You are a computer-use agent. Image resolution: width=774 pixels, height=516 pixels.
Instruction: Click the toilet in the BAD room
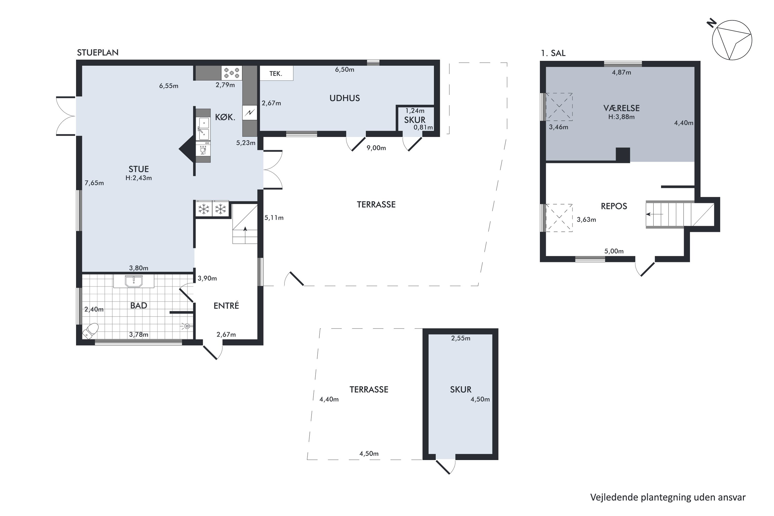point(91,331)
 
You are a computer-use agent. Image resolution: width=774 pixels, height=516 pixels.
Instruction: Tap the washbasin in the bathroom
point(134,281)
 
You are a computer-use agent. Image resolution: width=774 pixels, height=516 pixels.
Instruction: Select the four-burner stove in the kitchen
point(232,73)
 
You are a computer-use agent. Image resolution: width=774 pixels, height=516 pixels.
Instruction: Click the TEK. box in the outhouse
point(276,73)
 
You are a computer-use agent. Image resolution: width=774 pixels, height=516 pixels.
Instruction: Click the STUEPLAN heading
point(98,53)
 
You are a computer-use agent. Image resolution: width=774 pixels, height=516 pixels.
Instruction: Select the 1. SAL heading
point(553,53)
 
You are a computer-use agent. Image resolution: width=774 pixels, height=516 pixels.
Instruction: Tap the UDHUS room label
point(344,98)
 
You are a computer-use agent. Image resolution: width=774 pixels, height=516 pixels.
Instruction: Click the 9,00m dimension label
point(376,148)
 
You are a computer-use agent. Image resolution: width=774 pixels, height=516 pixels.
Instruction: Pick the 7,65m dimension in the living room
point(94,183)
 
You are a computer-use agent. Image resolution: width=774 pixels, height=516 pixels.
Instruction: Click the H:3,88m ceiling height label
point(621,117)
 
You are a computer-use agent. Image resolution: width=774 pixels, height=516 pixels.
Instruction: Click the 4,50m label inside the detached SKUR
point(480,399)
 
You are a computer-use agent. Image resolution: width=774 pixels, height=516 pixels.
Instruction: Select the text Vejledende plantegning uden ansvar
point(668,497)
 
